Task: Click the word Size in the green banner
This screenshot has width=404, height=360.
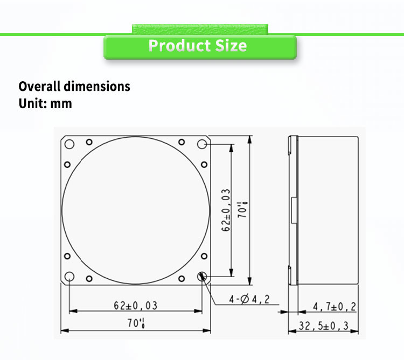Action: coord(231,46)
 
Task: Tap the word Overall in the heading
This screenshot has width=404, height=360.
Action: coord(39,86)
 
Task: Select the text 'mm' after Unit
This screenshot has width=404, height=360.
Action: coord(61,103)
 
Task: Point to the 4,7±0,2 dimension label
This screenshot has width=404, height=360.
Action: coord(335,306)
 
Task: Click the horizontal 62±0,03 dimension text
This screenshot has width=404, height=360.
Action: coord(135,306)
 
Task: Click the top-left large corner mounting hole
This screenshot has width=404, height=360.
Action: coord(69,144)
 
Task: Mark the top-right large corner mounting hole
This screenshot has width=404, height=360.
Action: coord(202,144)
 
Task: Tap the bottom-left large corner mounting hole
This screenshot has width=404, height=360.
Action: coord(69,277)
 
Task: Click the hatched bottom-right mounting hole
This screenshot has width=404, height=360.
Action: coord(202,277)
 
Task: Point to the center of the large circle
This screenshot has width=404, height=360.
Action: coord(136,210)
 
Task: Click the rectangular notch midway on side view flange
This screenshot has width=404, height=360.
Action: coord(293,210)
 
